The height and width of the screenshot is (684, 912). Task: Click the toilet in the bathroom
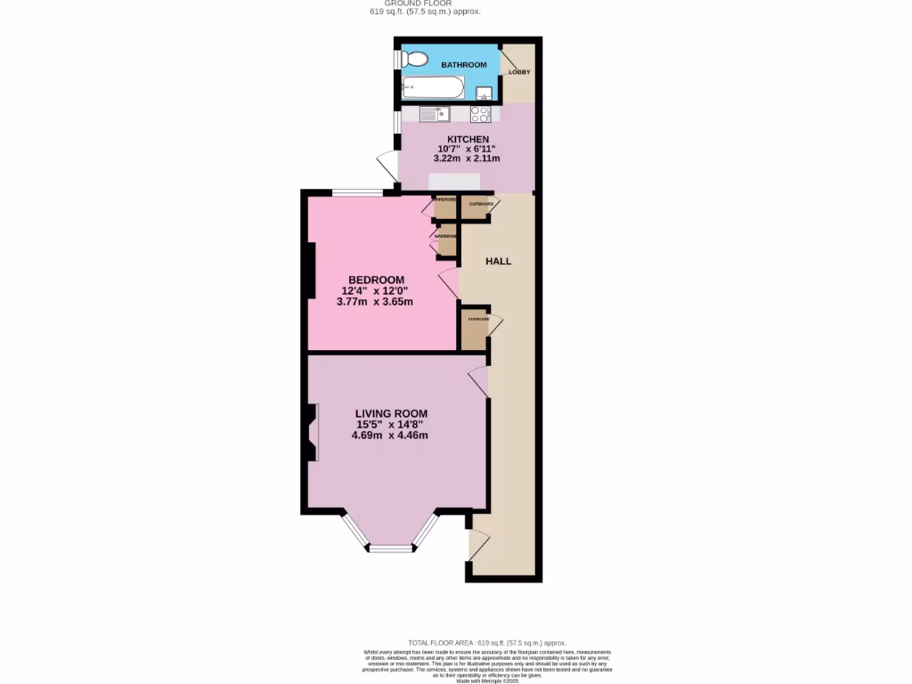pyautogui.click(x=411, y=60)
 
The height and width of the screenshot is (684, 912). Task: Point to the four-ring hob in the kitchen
pyautogui.click(x=480, y=114)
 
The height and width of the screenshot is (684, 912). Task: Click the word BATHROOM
pyautogui.click(x=464, y=65)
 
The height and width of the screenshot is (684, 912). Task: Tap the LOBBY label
pyautogui.click(x=519, y=72)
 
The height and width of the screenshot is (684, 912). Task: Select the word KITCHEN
pyautogui.click(x=468, y=139)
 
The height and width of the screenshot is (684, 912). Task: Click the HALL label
pyautogui.click(x=498, y=261)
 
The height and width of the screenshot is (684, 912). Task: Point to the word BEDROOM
pyautogui.click(x=375, y=280)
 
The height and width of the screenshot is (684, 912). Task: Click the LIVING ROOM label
pyautogui.click(x=391, y=413)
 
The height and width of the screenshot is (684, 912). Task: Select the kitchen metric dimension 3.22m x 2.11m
pyautogui.click(x=467, y=159)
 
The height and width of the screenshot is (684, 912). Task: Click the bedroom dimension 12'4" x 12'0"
pyautogui.click(x=375, y=290)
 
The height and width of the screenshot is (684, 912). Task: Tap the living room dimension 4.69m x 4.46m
pyautogui.click(x=390, y=436)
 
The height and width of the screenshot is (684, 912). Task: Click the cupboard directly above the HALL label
pyautogui.click(x=476, y=207)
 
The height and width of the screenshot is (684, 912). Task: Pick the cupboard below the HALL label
pyautogui.click(x=474, y=330)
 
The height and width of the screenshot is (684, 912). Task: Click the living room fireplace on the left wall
pyautogui.click(x=313, y=433)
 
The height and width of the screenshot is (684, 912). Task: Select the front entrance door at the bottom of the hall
pyautogui.click(x=477, y=542)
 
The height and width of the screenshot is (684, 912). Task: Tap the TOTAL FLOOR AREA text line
pyautogui.click(x=486, y=643)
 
